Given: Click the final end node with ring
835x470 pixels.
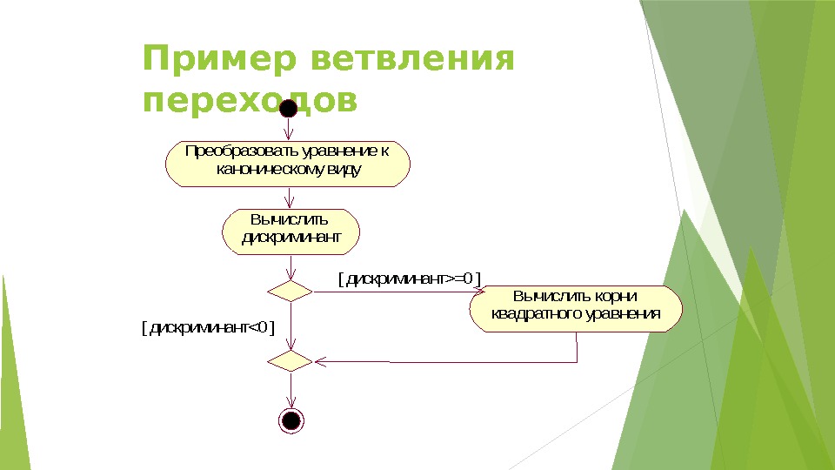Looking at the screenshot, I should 291,420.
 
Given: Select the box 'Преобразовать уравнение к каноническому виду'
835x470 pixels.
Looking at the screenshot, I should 288,163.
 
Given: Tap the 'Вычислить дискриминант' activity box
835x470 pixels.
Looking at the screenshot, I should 290,230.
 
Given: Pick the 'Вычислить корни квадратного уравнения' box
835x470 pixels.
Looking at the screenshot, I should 576,308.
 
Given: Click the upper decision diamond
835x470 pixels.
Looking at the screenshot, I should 290,291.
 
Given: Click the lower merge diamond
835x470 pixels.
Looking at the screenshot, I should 290,359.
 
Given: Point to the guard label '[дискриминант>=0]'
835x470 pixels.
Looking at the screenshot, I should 409,278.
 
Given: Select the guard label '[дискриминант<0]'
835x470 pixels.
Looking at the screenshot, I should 208,327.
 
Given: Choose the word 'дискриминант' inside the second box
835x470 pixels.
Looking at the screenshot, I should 290,237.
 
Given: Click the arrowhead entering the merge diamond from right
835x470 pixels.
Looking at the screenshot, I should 318,359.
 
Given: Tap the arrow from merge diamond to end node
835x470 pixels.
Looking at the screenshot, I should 290,389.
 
